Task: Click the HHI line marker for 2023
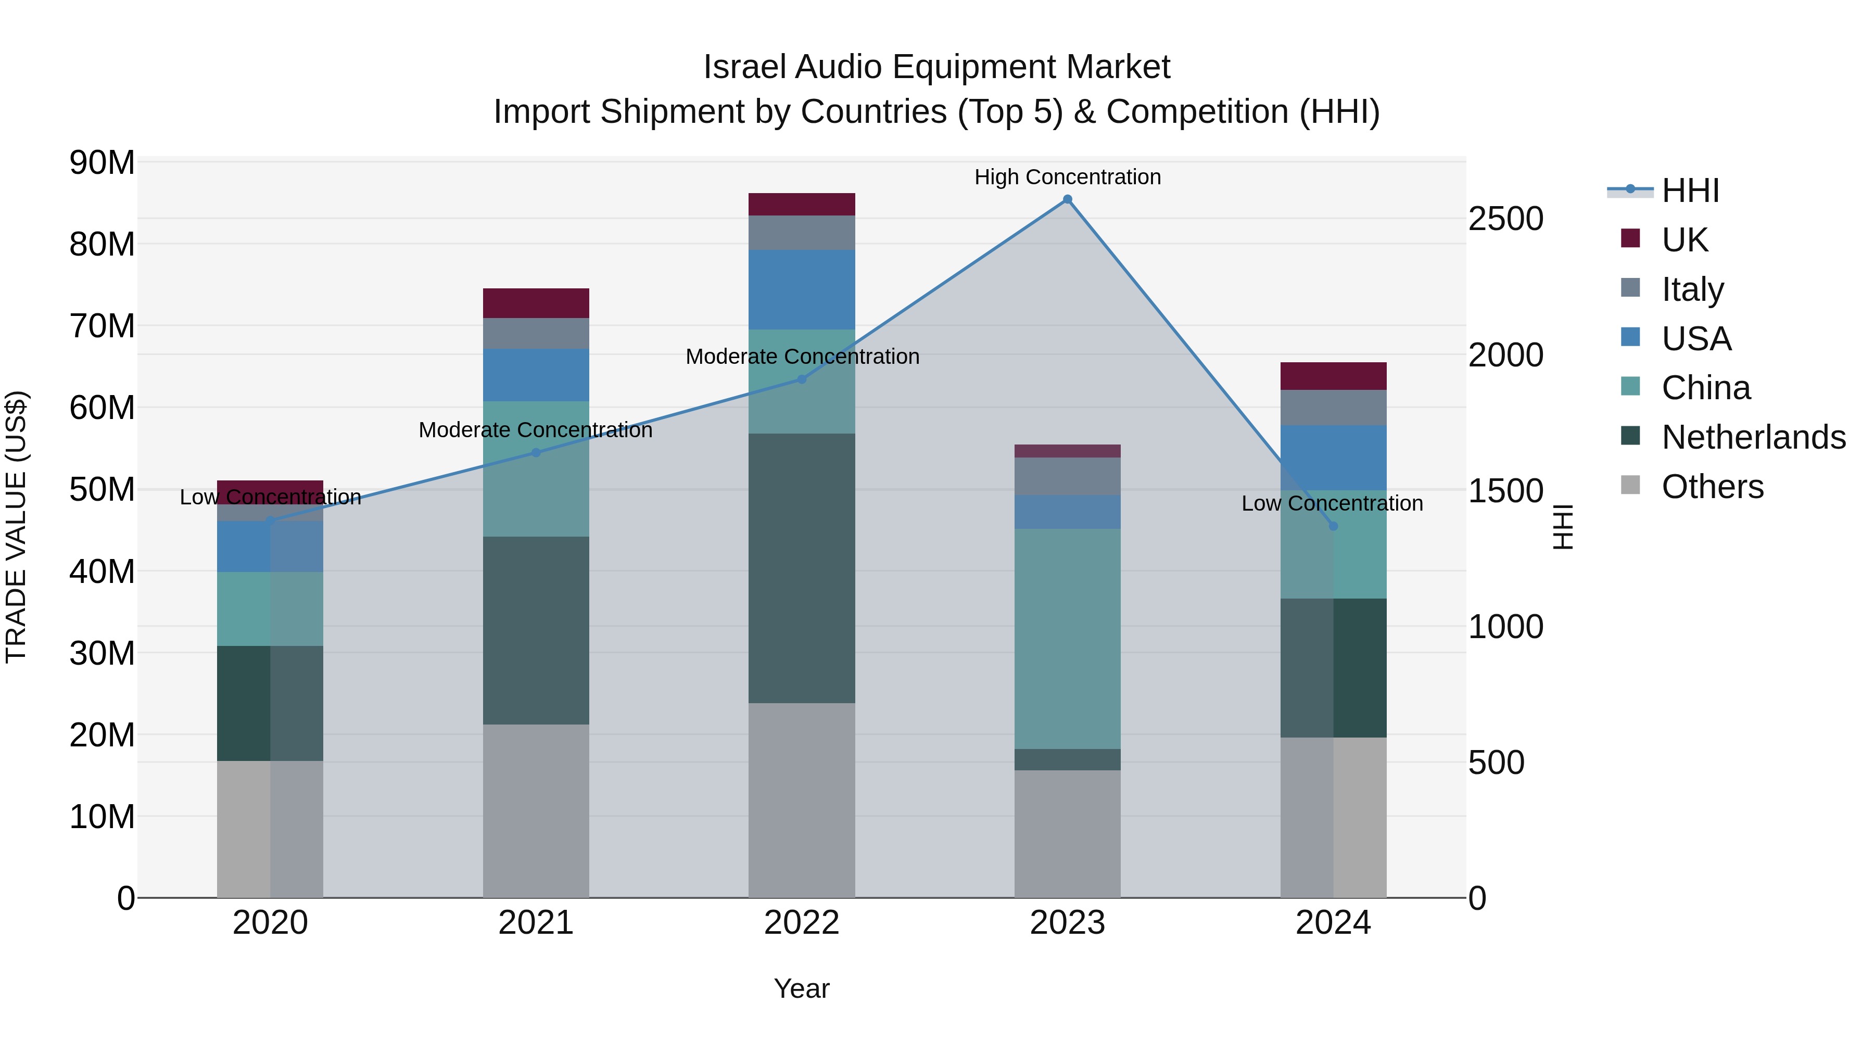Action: pos(1067,199)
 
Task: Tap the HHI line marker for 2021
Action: pos(536,452)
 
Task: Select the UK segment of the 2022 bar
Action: pos(802,205)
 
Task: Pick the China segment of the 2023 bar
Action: pos(1067,638)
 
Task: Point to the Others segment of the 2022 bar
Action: pos(802,799)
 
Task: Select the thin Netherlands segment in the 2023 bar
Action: pos(1067,759)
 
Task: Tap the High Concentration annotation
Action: pos(1067,177)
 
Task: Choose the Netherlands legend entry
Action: pos(1753,437)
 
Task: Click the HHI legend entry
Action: pos(1690,191)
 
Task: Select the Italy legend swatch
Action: pos(1630,288)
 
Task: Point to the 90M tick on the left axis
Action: pos(102,162)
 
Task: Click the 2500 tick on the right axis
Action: pos(1505,219)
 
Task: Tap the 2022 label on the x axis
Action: pos(802,923)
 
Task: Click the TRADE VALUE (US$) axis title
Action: pos(16,527)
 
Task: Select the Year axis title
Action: pos(802,988)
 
